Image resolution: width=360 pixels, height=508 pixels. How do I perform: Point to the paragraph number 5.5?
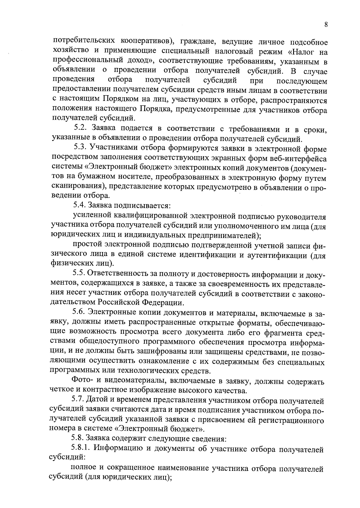79,273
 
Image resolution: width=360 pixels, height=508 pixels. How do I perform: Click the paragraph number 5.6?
79,313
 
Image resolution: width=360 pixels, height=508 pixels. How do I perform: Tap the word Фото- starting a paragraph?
82,380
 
